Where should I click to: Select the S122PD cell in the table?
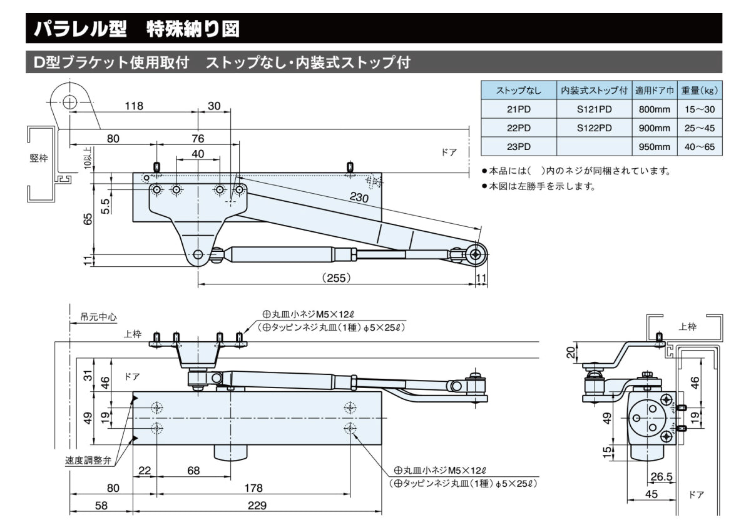tap(594, 128)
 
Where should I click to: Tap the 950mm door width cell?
tap(653, 147)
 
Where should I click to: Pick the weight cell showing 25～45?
tap(699, 128)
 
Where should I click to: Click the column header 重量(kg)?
tap(699, 91)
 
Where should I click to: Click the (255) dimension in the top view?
tap(337, 277)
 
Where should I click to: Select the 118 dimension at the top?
tap(133, 106)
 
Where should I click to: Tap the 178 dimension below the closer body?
tap(253, 488)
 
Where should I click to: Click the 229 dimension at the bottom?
tap(257, 505)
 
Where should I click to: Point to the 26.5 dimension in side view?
tap(661, 477)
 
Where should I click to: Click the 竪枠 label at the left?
tap(39, 158)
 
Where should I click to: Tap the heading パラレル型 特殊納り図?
tap(136, 28)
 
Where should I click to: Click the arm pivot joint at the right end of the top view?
tap(478, 254)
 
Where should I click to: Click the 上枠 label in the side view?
tap(687, 327)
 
